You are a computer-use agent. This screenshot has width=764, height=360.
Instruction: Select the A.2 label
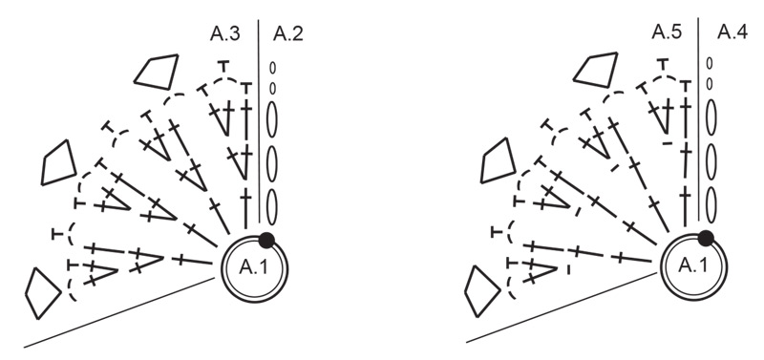pos(287,35)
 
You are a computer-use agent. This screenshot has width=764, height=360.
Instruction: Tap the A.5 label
pos(667,35)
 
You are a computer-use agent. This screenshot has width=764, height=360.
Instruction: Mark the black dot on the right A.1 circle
pos(706,238)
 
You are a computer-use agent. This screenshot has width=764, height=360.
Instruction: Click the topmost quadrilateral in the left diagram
pos(158,71)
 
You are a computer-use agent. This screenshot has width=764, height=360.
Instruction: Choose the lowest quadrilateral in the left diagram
pos(42,291)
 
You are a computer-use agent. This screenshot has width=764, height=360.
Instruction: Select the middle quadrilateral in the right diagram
pos(499,159)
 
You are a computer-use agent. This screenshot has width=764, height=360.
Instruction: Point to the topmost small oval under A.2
pos(272,69)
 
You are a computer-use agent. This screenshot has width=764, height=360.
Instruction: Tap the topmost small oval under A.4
pos(710,64)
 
